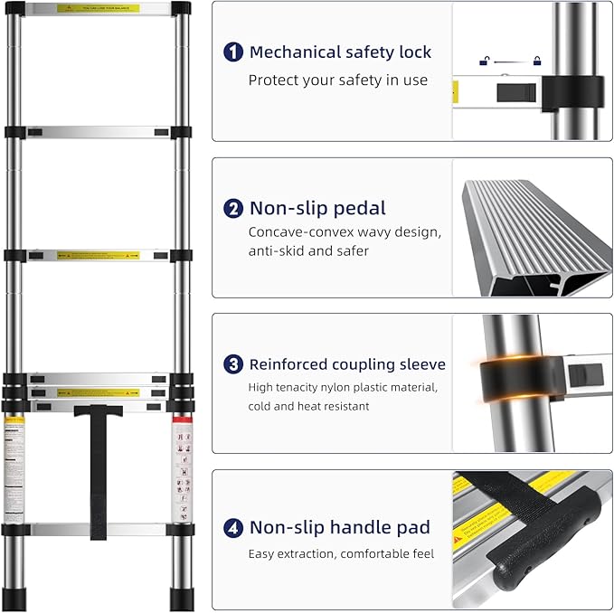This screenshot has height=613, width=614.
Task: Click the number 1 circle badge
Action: click(x=233, y=52)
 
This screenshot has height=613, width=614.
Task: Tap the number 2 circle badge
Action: click(x=233, y=209)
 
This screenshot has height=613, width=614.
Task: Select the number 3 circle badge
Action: click(x=233, y=364)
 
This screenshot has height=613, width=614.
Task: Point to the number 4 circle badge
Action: click(x=233, y=527)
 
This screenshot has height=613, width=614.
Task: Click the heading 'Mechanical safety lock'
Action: click(x=340, y=52)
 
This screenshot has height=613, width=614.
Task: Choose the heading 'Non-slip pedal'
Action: click(x=317, y=209)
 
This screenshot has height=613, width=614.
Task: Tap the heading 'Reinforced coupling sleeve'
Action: click(x=347, y=364)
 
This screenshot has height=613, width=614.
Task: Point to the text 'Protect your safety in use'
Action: click(x=337, y=80)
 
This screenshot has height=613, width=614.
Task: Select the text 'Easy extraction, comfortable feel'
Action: click(x=341, y=553)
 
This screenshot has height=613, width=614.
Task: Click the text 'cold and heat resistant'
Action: click(x=308, y=407)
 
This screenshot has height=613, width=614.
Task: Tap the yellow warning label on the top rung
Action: click(x=99, y=8)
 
